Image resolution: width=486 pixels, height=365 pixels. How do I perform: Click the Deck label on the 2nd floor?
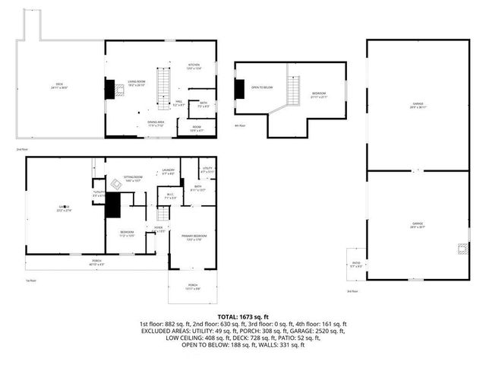pyautogui.click(x=59, y=85)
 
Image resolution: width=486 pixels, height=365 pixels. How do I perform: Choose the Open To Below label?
pyautogui.click(x=262, y=87)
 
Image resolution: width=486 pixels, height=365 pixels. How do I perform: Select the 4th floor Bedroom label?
pyautogui.click(x=319, y=95)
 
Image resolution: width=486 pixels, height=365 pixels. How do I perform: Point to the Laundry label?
pyautogui.click(x=168, y=172)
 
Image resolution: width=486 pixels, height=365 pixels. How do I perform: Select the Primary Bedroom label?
pyautogui.click(x=194, y=237)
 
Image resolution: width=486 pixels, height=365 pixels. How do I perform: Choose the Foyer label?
pyautogui.click(x=159, y=229)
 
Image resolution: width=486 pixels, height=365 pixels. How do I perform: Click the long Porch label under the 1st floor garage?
pyautogui.click(x=97, y=262)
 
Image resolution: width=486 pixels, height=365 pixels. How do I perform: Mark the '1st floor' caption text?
pyautogui.click(x=32, y=281)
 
